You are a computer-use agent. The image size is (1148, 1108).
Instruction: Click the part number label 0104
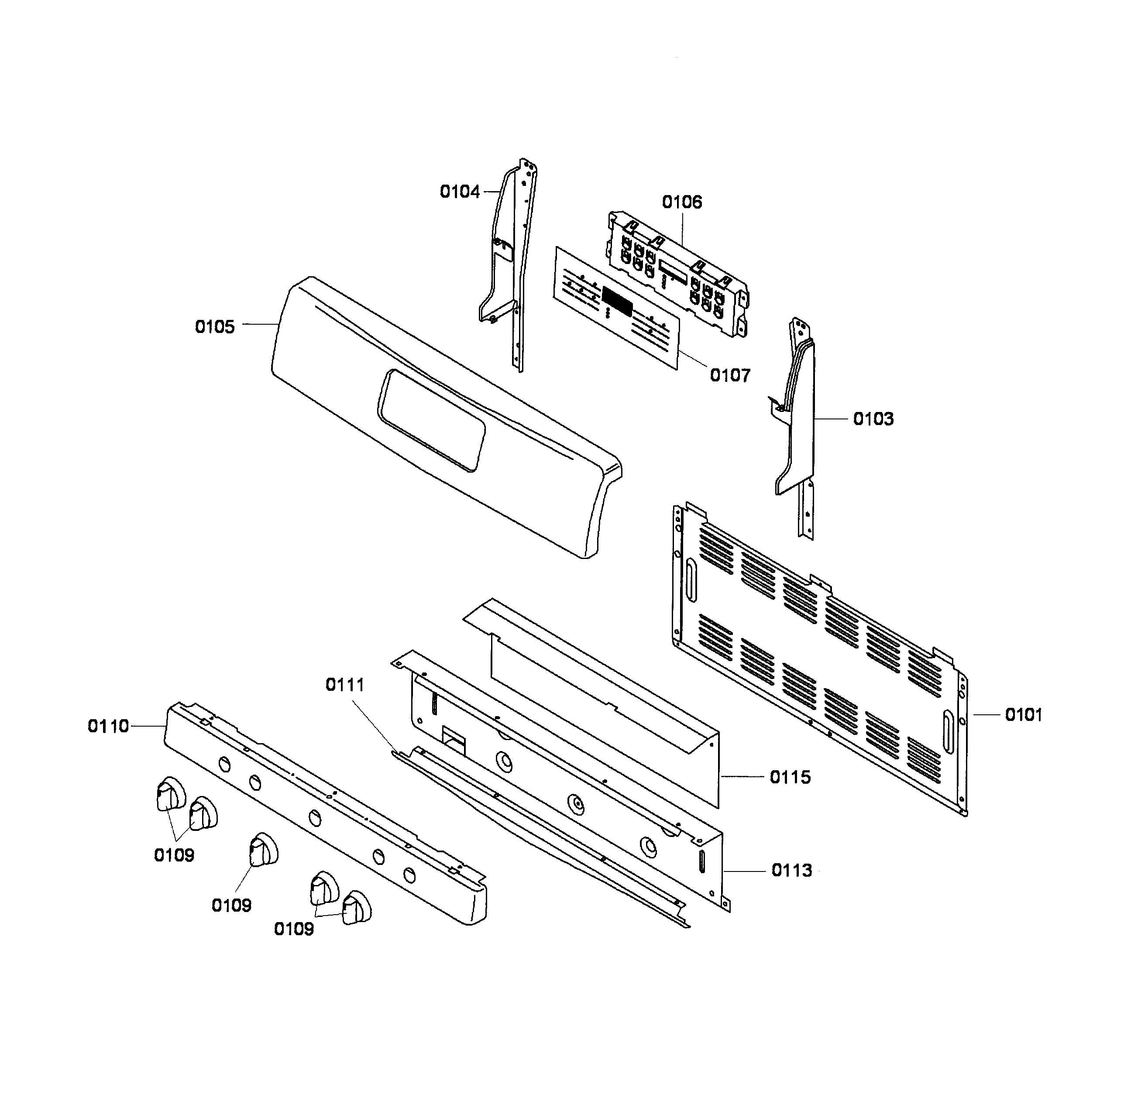coord(460,192)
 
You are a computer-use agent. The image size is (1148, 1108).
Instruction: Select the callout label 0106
coord(682,202)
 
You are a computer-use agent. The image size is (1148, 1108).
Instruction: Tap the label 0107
coord(730,375)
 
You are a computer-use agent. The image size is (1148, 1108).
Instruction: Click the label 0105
coord(214,327)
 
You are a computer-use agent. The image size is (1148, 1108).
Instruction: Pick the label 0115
coord(790,777)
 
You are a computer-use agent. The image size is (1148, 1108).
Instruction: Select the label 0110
coord(108,726)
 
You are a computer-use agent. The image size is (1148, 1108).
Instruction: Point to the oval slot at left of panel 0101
coord(691,580)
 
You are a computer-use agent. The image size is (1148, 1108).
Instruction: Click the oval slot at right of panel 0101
coord(948,732)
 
